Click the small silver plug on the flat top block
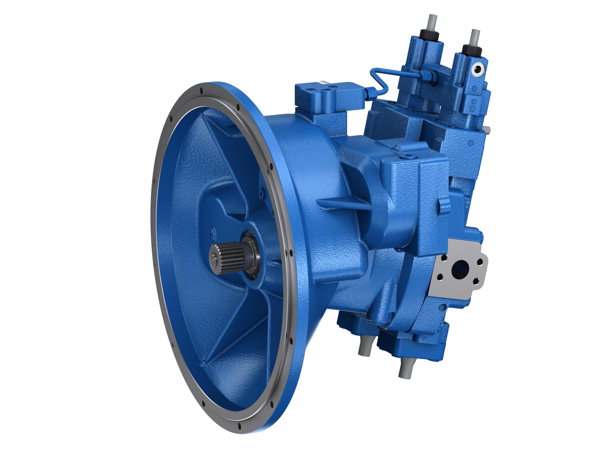pyautogui.click(x=323, y=83)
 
